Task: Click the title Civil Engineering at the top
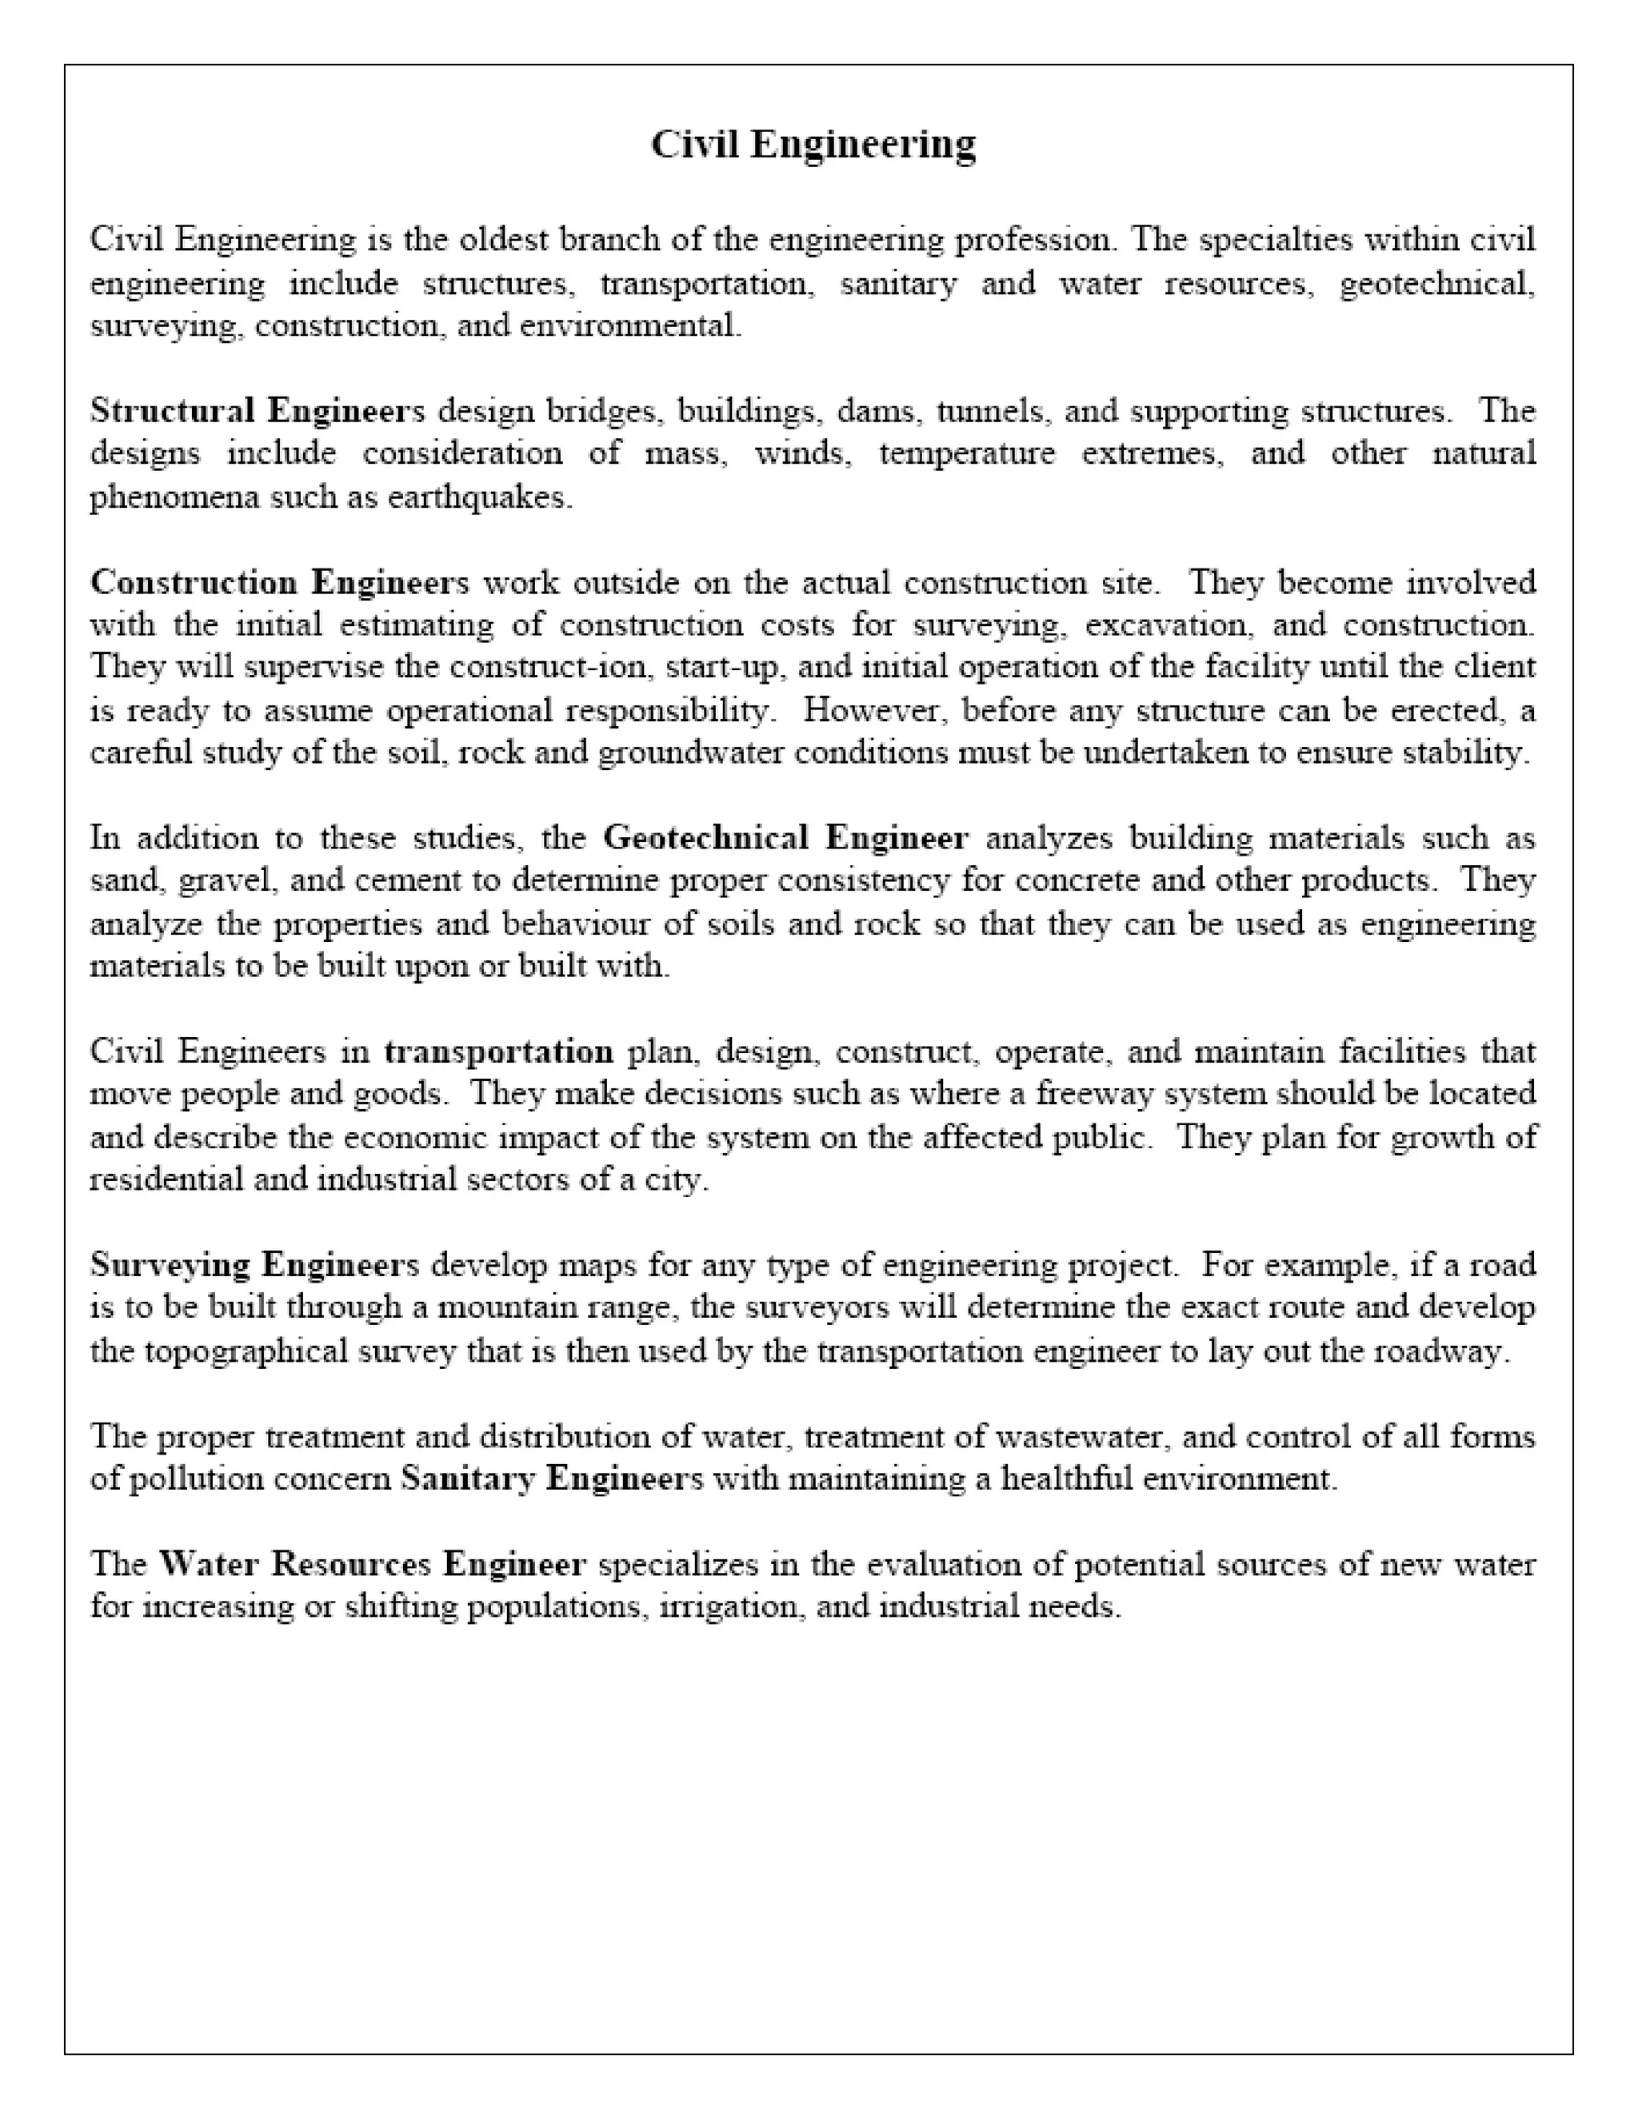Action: [813, 145]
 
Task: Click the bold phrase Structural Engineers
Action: [258, 411]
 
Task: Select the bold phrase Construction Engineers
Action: [279, 583]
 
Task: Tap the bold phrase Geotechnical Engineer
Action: [785, 838]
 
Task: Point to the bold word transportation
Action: [499, 1052]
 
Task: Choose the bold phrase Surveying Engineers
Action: [254, 1265]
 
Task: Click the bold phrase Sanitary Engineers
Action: [551, 1479]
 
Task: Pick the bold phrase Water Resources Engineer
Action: [373, 1564]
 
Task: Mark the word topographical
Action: [246, 1351]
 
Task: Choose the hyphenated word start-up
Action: [726, 668]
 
